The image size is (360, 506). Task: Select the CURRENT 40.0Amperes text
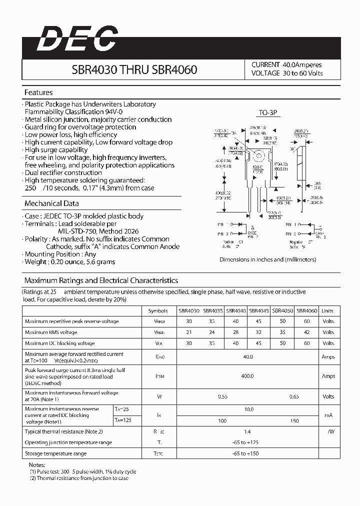tap(286, 65)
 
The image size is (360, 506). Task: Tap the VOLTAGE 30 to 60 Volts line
tap(287, 73)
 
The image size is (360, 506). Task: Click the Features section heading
tap(38, 92)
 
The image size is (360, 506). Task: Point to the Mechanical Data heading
tap(51, 203)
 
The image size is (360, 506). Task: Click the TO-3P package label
tap(268, 113)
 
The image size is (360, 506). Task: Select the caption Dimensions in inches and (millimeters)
tap(267, 259)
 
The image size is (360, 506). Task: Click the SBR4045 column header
tap(259, 310)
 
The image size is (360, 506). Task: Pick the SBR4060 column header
tap(307, 310)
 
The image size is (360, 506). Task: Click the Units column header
tap(327, 310)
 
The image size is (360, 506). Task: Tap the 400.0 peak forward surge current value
tap(247, 376)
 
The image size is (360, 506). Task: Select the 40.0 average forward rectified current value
tap(247, 357)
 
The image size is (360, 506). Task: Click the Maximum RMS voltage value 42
tap(307, 332)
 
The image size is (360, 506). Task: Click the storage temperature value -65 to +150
tap(247, 453)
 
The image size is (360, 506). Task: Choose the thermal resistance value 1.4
tap(247, 430)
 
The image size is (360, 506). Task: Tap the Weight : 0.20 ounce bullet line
tap(70, 262)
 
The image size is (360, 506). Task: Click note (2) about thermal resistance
tap(79, 478)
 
